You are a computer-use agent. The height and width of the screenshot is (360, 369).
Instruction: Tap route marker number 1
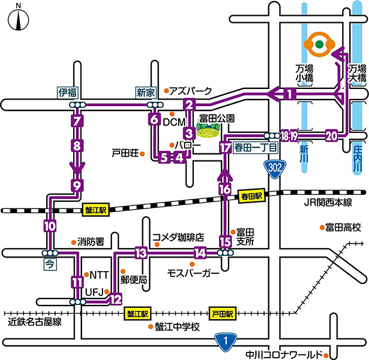coord(288,93)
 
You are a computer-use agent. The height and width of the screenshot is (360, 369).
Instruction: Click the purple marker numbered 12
coord(115,299)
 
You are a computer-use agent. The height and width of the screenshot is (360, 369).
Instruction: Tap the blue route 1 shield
coord(225,340)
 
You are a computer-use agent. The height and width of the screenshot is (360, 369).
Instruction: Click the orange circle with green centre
coord(319,44)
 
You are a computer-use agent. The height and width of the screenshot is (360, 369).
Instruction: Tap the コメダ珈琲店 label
coord(177,238)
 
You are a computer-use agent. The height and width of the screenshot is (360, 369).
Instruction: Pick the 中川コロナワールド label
coord(283,354)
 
